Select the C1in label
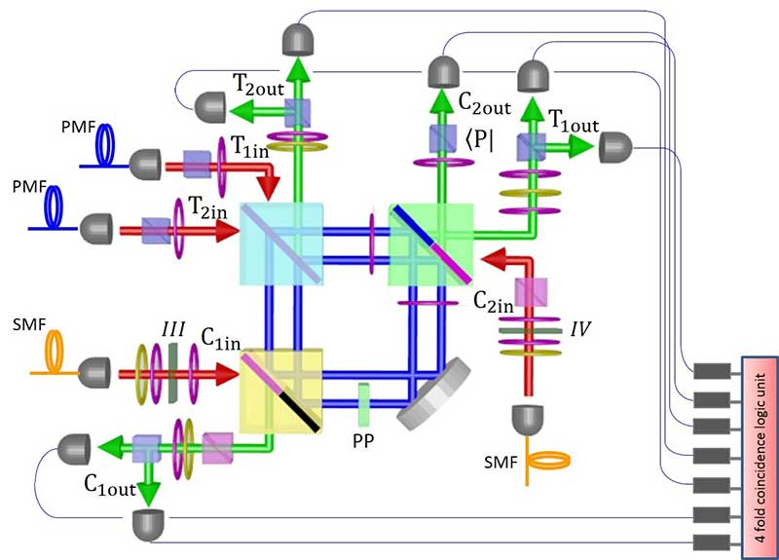point(220,341)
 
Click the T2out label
point(249,85)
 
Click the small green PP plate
point(362,400)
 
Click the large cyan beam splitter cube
point(282,243)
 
